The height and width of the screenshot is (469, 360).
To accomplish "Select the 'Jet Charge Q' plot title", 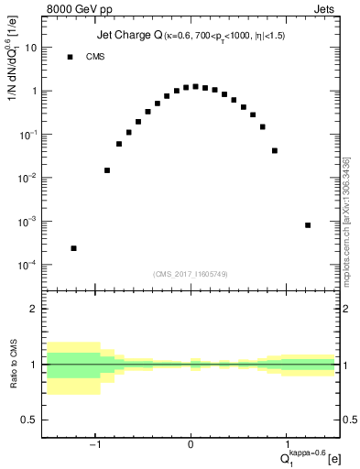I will pyautogui.click(x=128, y=37).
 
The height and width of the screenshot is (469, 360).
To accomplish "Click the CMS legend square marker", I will pyautogui.click(x=70, y=57).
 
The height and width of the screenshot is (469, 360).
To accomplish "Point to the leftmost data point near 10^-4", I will pyautogui.click(x=73, y=248).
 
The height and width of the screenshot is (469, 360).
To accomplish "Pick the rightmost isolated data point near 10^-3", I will pyautogui.click(x=308, y=225).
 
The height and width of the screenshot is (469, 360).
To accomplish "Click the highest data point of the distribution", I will pyautogui.click(x=195, y=87).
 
